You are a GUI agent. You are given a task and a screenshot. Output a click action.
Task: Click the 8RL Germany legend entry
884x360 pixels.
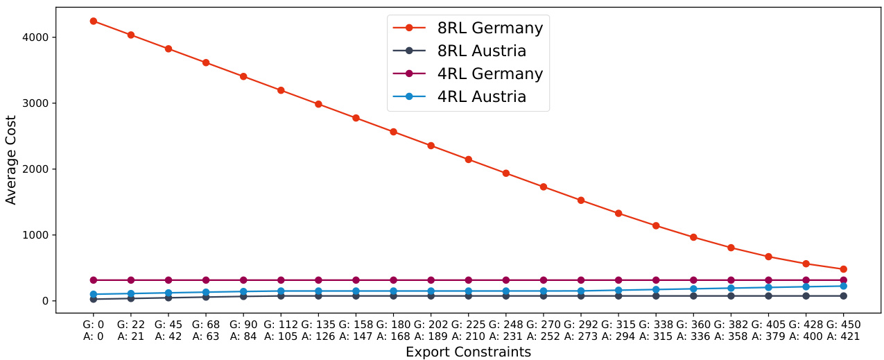pyautogui.click(x=489, y=28)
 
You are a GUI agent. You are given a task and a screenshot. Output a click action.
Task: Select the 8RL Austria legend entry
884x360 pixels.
pyautogui.click(x=481, y=51)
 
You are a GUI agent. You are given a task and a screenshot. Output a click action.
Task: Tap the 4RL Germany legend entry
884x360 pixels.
pyautogui.click(x=489, y=74)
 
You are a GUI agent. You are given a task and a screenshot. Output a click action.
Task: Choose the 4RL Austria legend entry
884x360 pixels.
pyautogui.click(x=481, y=97)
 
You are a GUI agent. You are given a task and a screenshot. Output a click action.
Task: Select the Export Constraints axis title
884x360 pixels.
pyautogui.click(x=468, y=352)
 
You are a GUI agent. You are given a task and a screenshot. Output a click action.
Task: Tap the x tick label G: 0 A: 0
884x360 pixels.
pyautogui.click(x=93, y=330)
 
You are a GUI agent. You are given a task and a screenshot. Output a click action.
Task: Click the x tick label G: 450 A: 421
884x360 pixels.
pyautogui.click(x=843, y=330)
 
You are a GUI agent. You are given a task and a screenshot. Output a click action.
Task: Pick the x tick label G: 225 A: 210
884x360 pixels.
pyautogui.click(x=468, y=330)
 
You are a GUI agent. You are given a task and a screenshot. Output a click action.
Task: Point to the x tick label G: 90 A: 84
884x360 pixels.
pyautogui.click(x=243, y=330)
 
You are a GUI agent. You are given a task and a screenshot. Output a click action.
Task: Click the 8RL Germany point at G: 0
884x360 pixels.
pyautogui.click(x=93, y=21)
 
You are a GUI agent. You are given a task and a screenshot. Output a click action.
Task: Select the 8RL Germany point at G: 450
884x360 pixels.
pyautogui.click(x=843, y=269)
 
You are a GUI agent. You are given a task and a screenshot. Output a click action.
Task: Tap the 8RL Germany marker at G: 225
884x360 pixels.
pyautogui.click(x=468, y=160)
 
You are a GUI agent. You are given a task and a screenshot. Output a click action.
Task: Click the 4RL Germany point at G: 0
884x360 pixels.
pyautogui.click(x=93, y=280)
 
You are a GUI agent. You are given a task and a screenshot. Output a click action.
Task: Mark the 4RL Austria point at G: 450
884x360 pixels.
pyautogui.click(x=843, y=286)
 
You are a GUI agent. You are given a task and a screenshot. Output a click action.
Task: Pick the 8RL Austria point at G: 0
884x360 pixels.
pyautogui.click(x=93, y=299)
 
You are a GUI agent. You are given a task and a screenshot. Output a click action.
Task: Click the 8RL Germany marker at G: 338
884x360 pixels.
pyautogui.click(x=656, y=225)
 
